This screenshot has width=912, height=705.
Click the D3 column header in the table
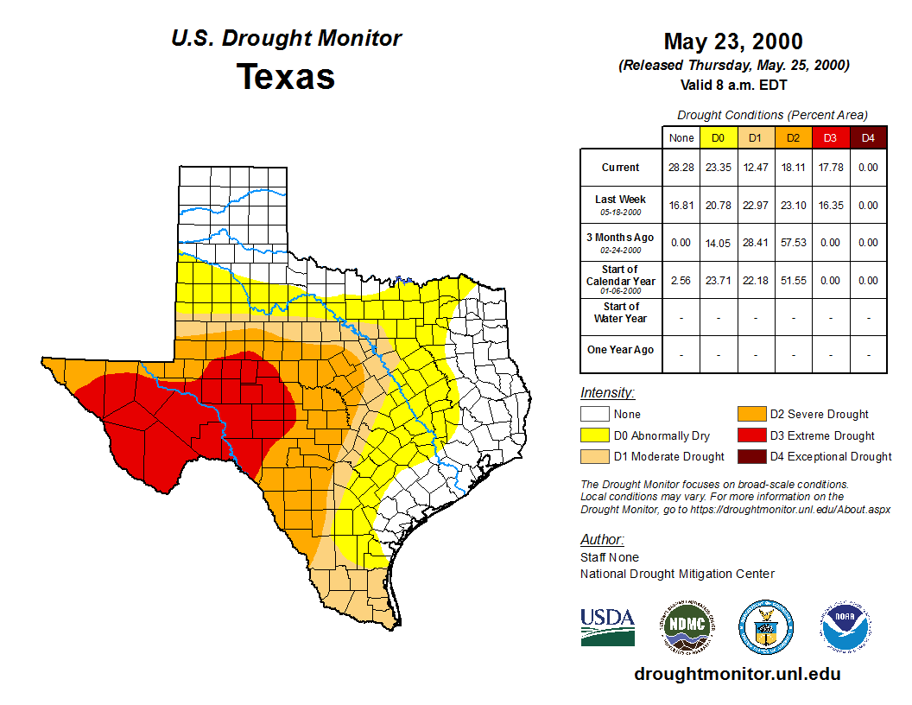(830, 137)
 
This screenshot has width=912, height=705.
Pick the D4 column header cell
(867, 137)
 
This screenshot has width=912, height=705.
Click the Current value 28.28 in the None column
(681, 168)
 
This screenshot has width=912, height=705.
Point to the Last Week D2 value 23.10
(793, 206)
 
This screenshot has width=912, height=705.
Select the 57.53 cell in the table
(793, 243)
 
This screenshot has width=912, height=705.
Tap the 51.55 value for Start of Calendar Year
(793, 281)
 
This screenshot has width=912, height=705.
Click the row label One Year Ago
(620, 350)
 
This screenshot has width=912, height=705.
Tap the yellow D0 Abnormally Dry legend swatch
(595, 435)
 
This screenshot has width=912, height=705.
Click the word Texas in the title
(286, 77)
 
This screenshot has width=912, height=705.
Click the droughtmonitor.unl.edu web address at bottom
(737, 674)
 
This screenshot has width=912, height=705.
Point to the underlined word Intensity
(607, 393)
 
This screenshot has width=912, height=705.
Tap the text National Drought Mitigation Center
(677, 574)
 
